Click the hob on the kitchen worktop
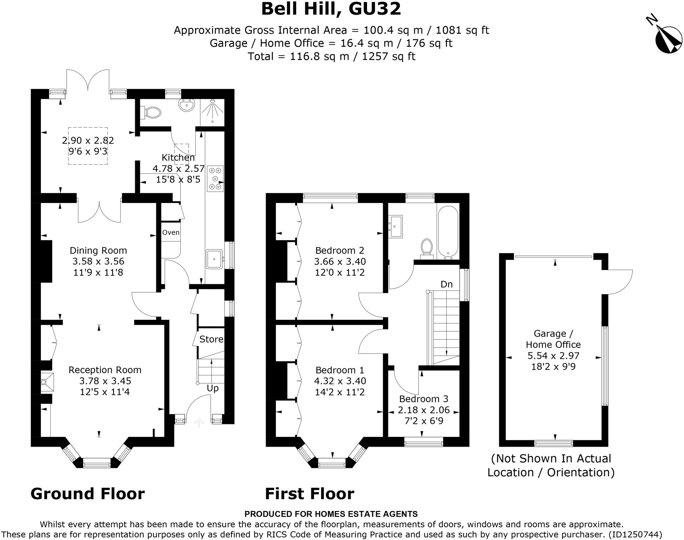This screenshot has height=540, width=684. (x=215, y=179)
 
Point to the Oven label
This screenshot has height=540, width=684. (x=171, y=233)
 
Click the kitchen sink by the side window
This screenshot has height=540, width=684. (x=214, y=259)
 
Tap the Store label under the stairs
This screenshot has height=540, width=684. (x=211, y=339)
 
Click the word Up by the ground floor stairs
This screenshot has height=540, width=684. (x=212, y=388)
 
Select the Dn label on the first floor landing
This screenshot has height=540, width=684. (x=447, y=284)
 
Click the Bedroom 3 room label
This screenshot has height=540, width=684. (x=423, y=399)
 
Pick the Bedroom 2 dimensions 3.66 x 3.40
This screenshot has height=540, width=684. (x=340, y=261)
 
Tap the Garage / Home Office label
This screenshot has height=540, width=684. (x=553, y=339)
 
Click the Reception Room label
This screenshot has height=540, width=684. (x=105, y=370)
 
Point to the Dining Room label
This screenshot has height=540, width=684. (x=98, y=250)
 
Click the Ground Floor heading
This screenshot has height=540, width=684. (x=88, y=494)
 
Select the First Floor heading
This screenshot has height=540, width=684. (x=309, y=494)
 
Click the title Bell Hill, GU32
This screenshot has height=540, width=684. (x=331, y=9)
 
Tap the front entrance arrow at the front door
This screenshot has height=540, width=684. (x=199, y=423)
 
